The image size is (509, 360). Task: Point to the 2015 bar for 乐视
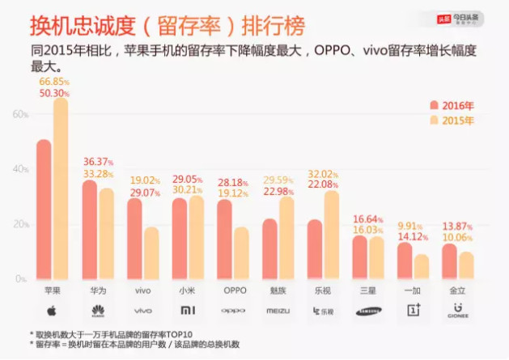tap(331, 235)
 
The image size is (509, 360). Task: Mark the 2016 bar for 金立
tap(449, 260)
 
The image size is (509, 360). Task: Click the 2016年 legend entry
tap(452, 104)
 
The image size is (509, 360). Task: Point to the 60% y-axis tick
tap(19, 114)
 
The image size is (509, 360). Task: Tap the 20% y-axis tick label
tap(19, 223)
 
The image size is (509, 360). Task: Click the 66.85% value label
tap(54, 82)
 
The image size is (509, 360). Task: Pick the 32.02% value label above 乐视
tap(322, 172)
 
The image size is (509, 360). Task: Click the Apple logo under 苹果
tap(51, 310)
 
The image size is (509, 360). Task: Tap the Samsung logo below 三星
tap(368, 311)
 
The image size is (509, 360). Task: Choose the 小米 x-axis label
tap(187, 288)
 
